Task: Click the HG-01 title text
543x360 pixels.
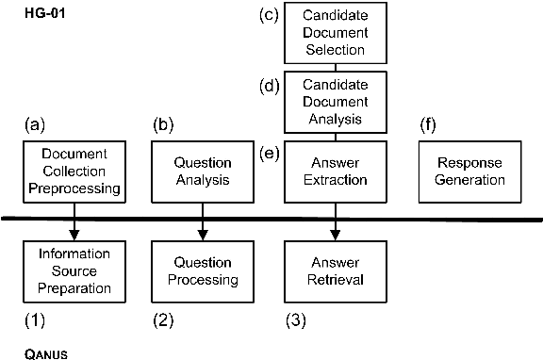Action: (x=44, y=17)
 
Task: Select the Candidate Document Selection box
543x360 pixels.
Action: (x=336, y=33)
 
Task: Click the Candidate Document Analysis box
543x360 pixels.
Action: (x=336, y=103)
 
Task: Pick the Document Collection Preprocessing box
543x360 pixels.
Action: (x=74, y=171)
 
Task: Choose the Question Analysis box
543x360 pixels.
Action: (x=203, y=171)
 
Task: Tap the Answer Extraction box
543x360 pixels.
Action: (x=336, y=171)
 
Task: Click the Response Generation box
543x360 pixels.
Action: (x=469, y=171)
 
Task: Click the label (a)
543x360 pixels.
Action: (x=35, y=124)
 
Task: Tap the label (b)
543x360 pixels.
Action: (x=164, y=124)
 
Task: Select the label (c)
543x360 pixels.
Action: (x=269, y=16)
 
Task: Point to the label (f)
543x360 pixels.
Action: (x=430, y=124)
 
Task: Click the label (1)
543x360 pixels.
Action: (x=35, y=319)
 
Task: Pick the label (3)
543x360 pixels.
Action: (x=297, y=319)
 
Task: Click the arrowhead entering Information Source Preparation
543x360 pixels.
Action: (x=74, y=236)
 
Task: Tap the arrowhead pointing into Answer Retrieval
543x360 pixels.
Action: (x=336, y=236)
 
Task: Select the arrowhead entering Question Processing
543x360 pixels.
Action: (x=203, y=236)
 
